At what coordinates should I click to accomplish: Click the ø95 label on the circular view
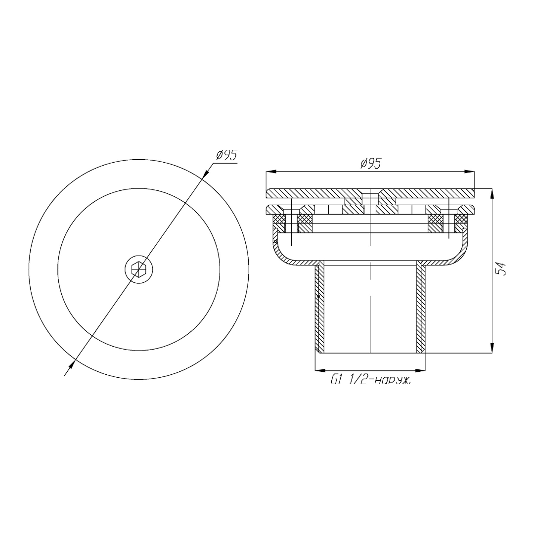tap(226, 155)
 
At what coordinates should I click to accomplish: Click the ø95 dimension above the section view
tap(370, 164)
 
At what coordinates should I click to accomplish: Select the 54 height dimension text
tap(500, 268)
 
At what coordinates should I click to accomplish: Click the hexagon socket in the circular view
tap(138, 270)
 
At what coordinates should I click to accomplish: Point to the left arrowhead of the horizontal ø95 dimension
tap(270, 172)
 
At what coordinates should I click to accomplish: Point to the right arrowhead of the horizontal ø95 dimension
tap(470, 172)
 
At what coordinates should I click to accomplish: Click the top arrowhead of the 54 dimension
tap(492, 193)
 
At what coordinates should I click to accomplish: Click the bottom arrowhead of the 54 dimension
tap(492, 348)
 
